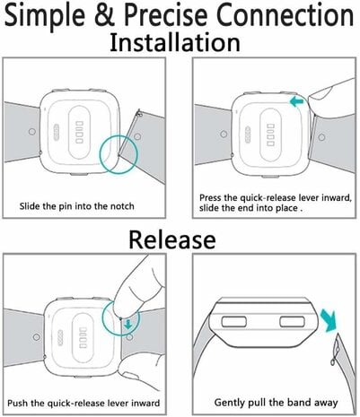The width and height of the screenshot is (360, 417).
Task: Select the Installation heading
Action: coord(180,43)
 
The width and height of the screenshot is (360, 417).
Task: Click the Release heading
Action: coord(171,239)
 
